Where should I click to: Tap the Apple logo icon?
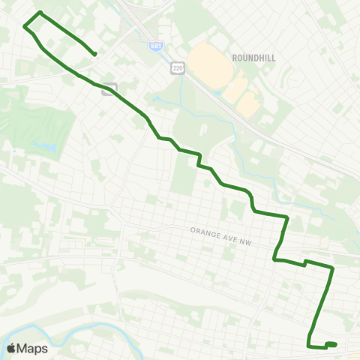[12, 348]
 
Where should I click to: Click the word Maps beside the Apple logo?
[33, 348]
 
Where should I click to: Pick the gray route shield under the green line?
[109, 88]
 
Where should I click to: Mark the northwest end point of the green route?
[94, 54]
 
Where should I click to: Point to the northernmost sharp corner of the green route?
[40, 13]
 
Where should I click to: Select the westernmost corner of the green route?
[25, 27]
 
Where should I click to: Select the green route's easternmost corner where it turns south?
[332, 267]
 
